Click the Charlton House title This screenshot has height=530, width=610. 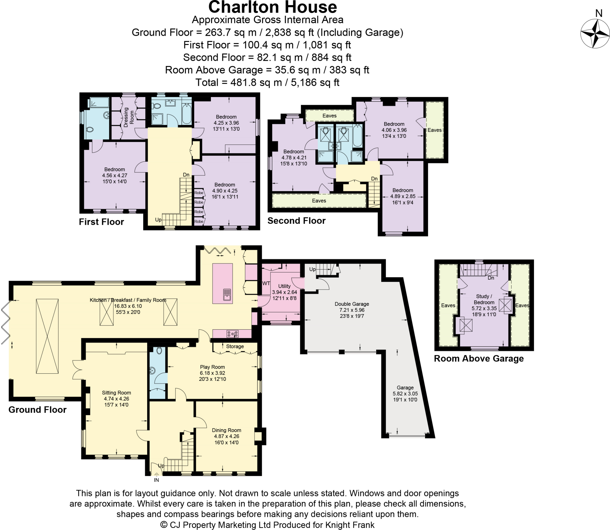coord(272,7)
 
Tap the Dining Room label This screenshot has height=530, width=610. coord(226,430)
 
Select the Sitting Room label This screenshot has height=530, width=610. coord(116,393)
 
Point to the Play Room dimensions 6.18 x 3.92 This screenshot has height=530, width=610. coord(212,373)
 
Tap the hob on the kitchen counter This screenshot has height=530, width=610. coord(232,334)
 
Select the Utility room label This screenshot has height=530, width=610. coord(284,286)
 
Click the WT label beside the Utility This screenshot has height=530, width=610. coord(266,283)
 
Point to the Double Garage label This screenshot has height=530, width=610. coord(352,304)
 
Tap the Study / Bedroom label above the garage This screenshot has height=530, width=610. coord(484,299)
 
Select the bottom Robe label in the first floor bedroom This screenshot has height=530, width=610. coord(199,222)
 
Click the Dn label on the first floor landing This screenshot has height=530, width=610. coord(186,175)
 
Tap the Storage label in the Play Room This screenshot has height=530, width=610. coord(235,346)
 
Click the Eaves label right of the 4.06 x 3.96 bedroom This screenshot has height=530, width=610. coord(434,130)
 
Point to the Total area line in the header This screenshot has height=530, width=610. coord(267,82)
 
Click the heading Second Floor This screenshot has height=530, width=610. coord(296,221)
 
